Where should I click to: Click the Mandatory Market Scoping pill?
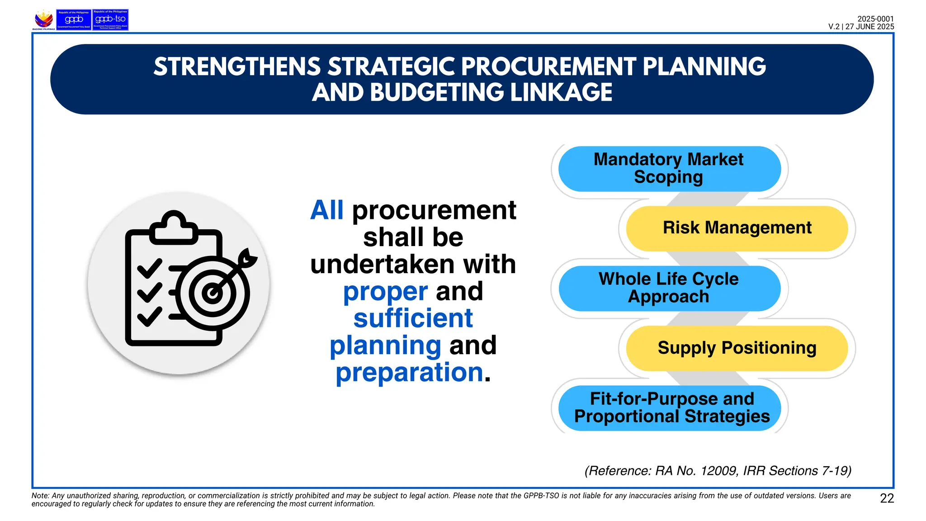coord(669,169)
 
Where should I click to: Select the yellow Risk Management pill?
coord(737,228)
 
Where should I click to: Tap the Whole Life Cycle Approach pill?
coord(669,288)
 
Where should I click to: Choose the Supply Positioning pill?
coord(737,348)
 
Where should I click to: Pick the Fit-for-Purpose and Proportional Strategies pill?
coord(671,408)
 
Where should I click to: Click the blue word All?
coord(326,211)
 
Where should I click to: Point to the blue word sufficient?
coord(413,318)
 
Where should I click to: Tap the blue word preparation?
coord(409,373)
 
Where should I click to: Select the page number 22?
coord(887,498)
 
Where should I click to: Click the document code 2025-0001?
coord(875,19)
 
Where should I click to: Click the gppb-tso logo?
coord(110,20)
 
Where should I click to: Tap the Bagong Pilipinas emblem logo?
coord(44,20)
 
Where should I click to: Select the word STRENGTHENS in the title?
coord(237,67)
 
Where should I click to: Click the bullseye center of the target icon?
coord(212,294)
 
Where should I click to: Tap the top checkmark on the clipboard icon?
coord(149,268)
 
